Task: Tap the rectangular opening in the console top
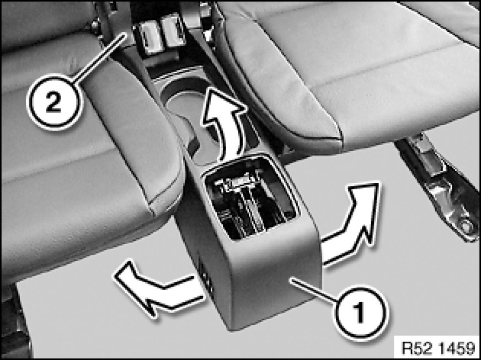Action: click(x=249, y=196)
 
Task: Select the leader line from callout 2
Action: click(x=100, y=59)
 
